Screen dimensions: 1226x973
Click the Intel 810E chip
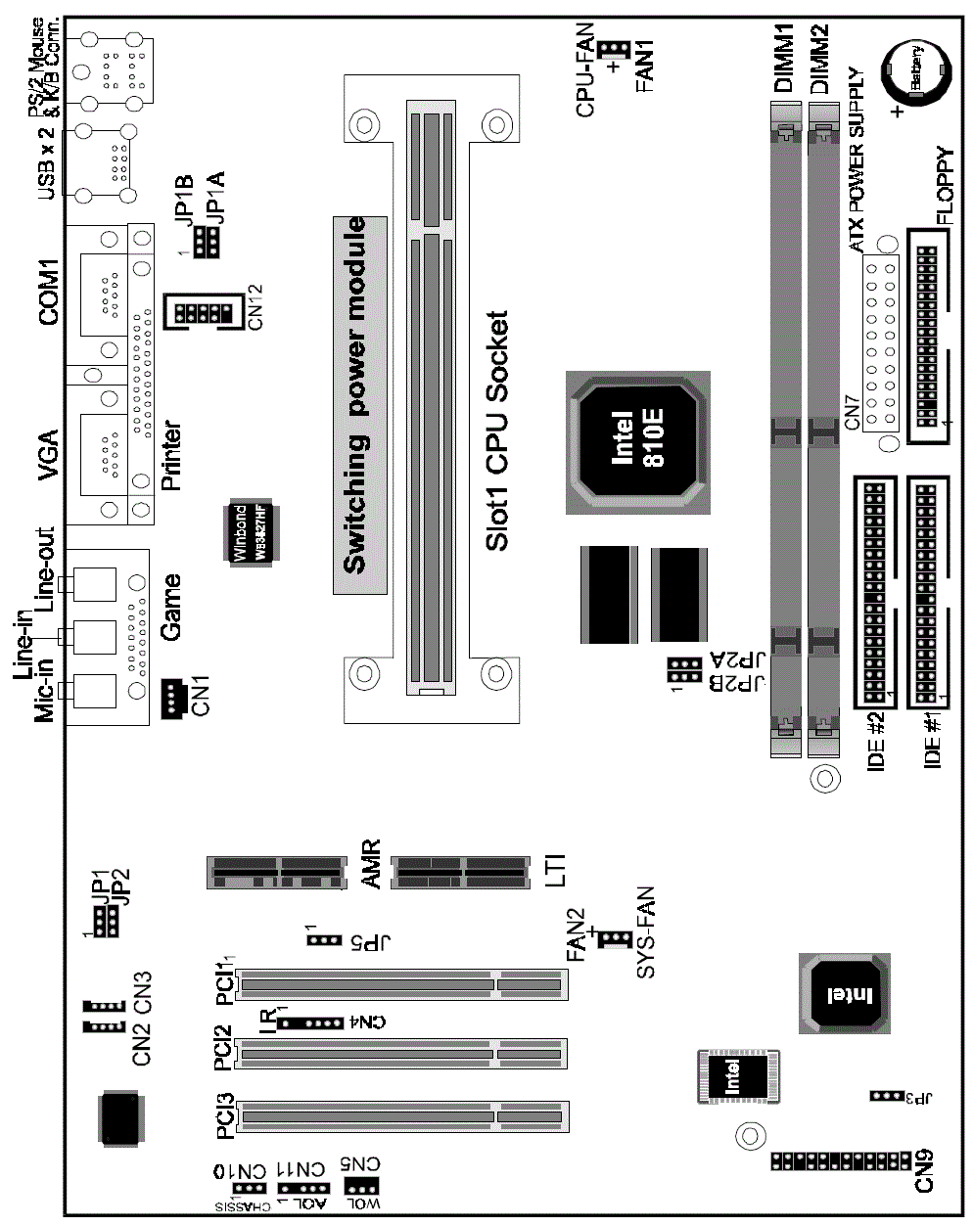(x=638, y=441)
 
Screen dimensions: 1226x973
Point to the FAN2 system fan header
(x=614, y=939)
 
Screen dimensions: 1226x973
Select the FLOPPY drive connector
(x=927, y=335)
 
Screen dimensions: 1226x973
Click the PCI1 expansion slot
(x=401, y=984)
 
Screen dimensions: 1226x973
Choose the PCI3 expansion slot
(x=401, y=1115)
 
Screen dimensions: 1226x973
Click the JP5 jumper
(x=324, y=940)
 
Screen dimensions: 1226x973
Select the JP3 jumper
(x=885, y=1095)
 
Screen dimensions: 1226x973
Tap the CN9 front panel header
(x=841, y=1161)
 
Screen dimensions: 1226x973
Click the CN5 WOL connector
(x=361, y=1187)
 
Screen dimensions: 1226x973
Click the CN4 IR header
(x=310, y=1023)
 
